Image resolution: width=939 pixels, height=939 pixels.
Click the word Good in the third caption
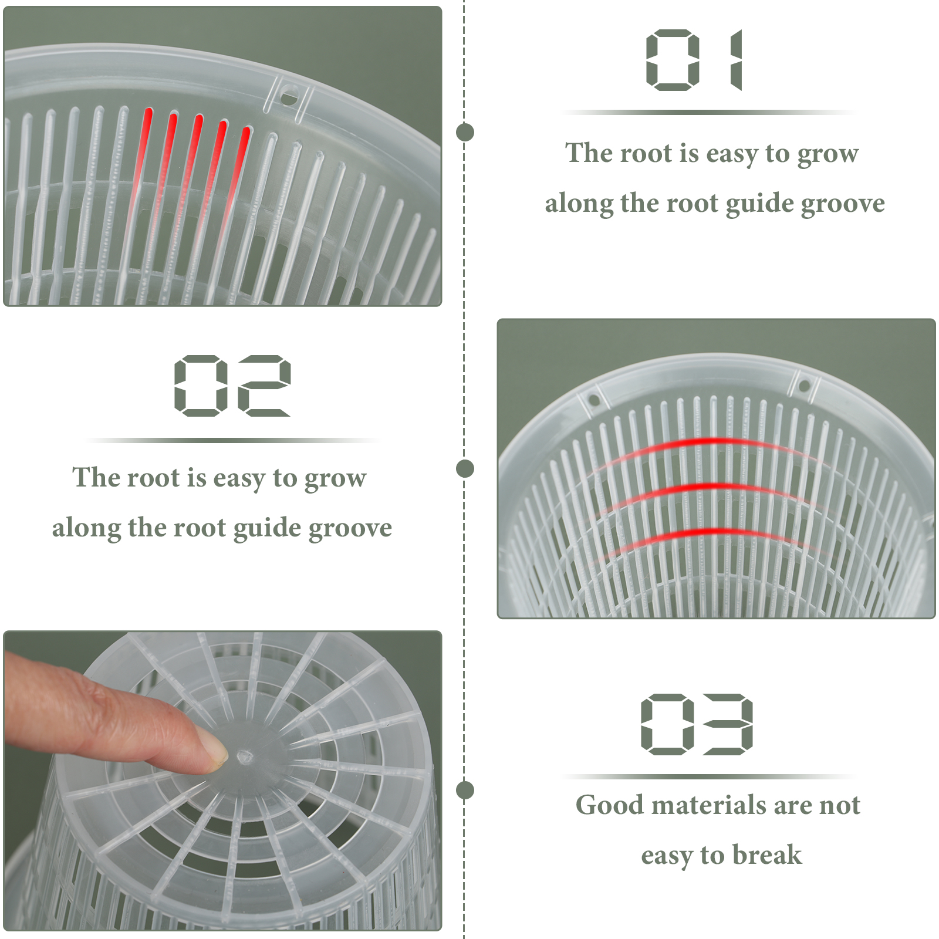pos(610,805)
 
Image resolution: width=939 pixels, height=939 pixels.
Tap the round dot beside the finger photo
pos(465,790)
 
